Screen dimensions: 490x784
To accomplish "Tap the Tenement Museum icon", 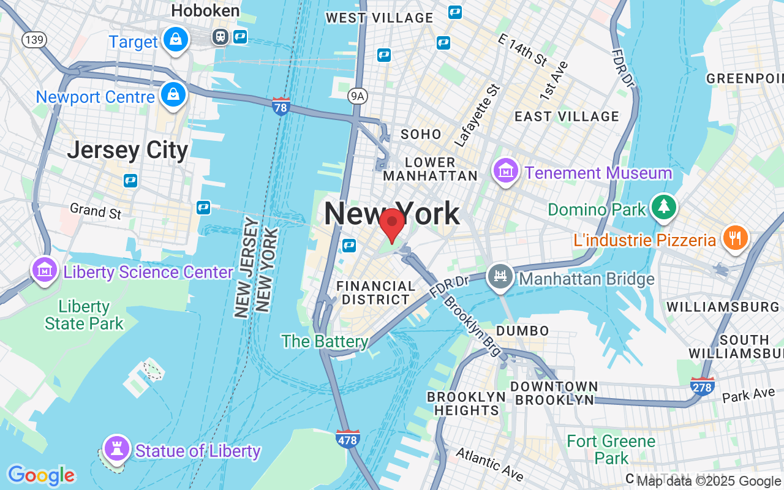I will (x=506, y=171).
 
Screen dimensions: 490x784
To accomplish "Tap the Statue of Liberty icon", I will (x=115, y=449).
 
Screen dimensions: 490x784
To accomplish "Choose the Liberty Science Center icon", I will (x=45, y=270).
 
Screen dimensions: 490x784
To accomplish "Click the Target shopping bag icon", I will (x=176, y=40).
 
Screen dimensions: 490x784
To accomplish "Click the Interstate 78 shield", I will (x=281, y=106).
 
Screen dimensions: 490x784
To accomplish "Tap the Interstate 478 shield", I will (x=347, y=439).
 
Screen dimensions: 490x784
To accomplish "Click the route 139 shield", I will (x=33, y=40).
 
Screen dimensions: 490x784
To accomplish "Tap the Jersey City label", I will (x=127, y=150).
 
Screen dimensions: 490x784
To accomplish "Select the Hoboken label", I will (x=205, y=10).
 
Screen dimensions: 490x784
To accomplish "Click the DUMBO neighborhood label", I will (x=522, y=331).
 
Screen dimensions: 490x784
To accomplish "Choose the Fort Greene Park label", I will (x=611, y=450).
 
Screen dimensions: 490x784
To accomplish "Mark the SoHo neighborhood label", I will (x=421, y=134).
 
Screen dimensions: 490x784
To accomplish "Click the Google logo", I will (x=41, y=475).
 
